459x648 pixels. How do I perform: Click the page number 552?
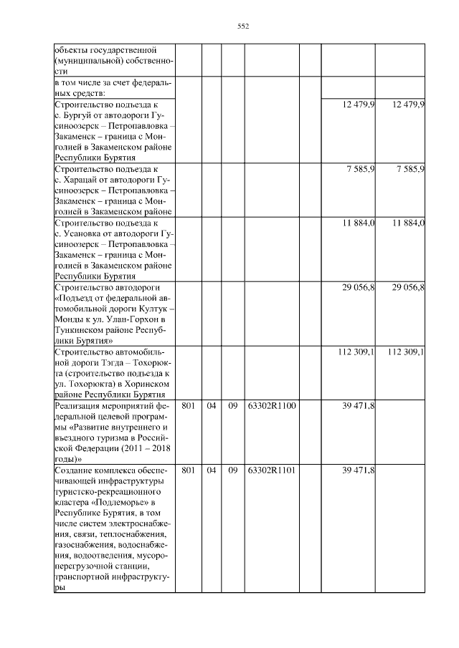point(242,26)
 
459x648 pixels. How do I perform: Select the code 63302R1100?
point(272,406)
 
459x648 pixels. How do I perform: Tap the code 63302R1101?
point(272,470)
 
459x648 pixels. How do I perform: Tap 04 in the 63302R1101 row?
point(212,470)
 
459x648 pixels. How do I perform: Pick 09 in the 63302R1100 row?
point(233,406)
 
